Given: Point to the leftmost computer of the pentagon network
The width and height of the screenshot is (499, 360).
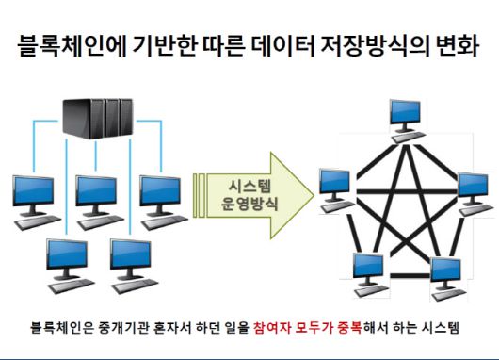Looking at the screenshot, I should pos(335,186).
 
